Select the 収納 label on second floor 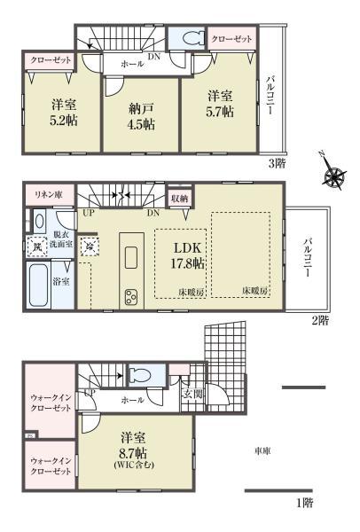[x=180, y=199]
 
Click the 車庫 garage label [x=262, y=450]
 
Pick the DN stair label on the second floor [x=153, y=214]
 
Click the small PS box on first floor [x=28, y=435]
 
